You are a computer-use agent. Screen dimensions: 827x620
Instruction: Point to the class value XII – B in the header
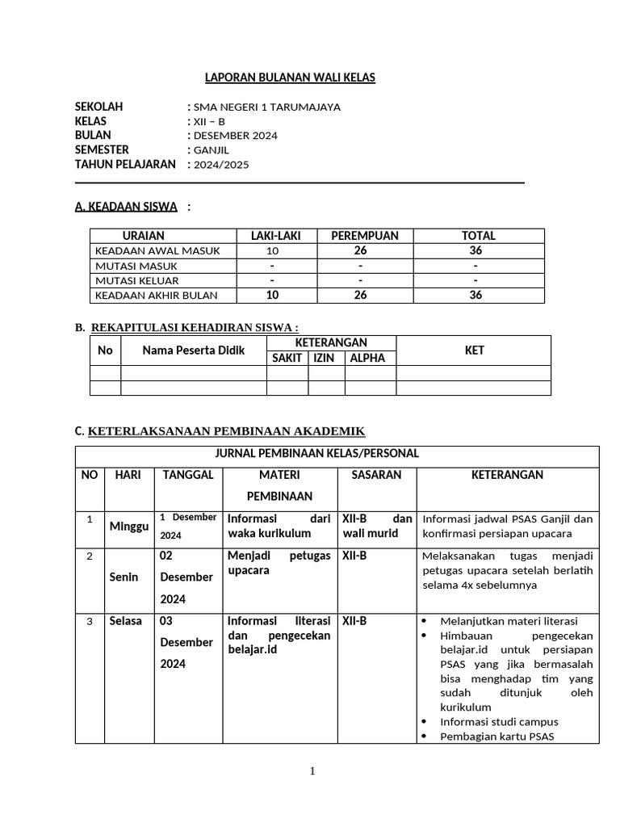[207, 121]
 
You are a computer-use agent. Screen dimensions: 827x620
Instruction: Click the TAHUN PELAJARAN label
[125, 165]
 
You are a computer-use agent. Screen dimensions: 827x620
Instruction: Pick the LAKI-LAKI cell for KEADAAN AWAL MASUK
[272, 251]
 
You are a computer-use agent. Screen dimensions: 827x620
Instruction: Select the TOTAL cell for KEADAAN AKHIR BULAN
[475, 296]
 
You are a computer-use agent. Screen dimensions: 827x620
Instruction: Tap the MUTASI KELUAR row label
[136, 280]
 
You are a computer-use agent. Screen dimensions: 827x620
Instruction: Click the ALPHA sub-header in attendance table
[368, 358]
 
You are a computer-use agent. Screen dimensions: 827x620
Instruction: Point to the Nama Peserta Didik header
[193, 351]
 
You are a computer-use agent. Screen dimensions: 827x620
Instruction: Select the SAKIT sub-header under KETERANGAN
[287, 358]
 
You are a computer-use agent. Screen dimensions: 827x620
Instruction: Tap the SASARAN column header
[376, 475]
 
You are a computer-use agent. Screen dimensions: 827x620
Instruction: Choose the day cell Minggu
[129, 527]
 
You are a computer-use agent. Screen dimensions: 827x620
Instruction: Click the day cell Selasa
[126, 621]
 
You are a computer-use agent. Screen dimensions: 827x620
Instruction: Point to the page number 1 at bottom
[312, 771]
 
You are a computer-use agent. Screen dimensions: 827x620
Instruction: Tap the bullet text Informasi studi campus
[499, 721]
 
